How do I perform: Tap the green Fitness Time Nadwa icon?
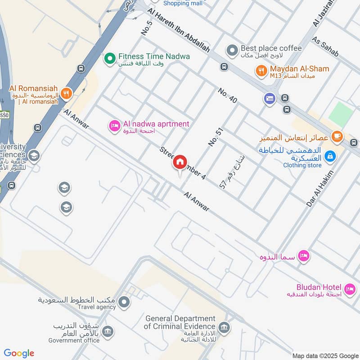point(109,58)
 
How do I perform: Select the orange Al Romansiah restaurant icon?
point(67,94)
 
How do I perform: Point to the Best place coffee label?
point(271,48)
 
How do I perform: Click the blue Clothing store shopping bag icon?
point(330,156)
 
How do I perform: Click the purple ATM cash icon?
point(270,98)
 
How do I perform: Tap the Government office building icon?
point(108,332)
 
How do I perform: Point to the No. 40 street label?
point(228,95)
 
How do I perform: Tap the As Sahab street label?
point(324,47)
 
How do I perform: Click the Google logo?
point(19,353)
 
